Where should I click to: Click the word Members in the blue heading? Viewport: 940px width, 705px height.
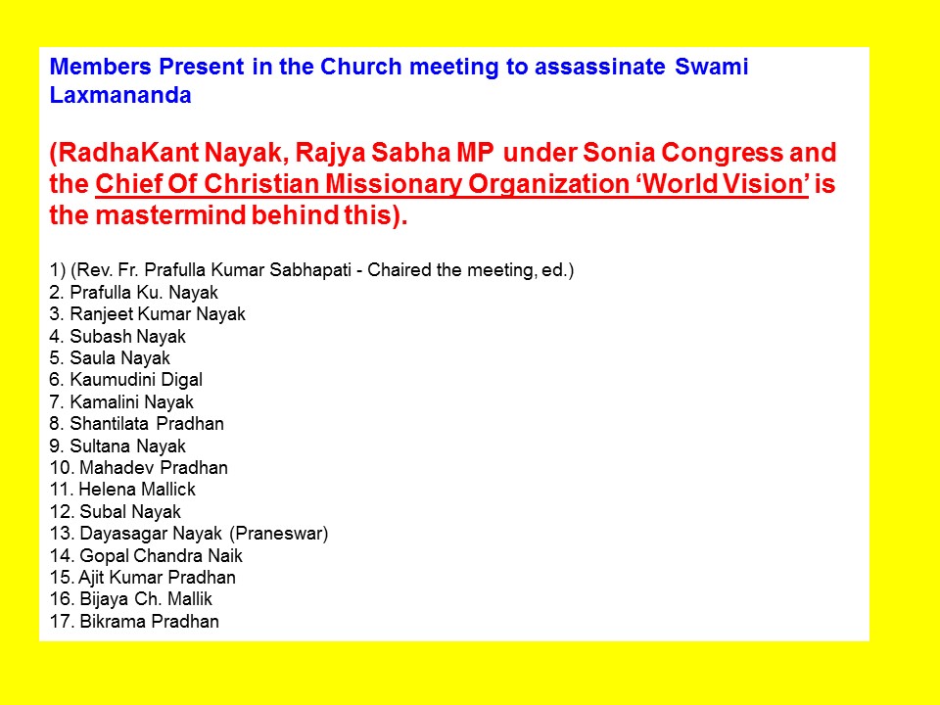click(x=100, y=66)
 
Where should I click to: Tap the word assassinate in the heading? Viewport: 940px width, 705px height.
click(x=599, y=66)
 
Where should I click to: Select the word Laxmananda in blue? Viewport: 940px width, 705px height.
click(x=120, y=95)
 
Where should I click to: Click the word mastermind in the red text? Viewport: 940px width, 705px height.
click(x=170, y=215)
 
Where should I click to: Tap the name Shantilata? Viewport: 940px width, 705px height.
click(x=109, y=424)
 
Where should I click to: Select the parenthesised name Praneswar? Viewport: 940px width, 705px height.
click(x=279, y=534)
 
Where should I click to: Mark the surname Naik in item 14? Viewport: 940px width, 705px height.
click(x=225, y=556)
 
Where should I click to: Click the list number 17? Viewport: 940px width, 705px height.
click(x=62, y=622)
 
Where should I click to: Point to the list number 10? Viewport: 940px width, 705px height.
click(x=62, y=468)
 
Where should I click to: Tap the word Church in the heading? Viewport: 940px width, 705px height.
click(x=361, y=66)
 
